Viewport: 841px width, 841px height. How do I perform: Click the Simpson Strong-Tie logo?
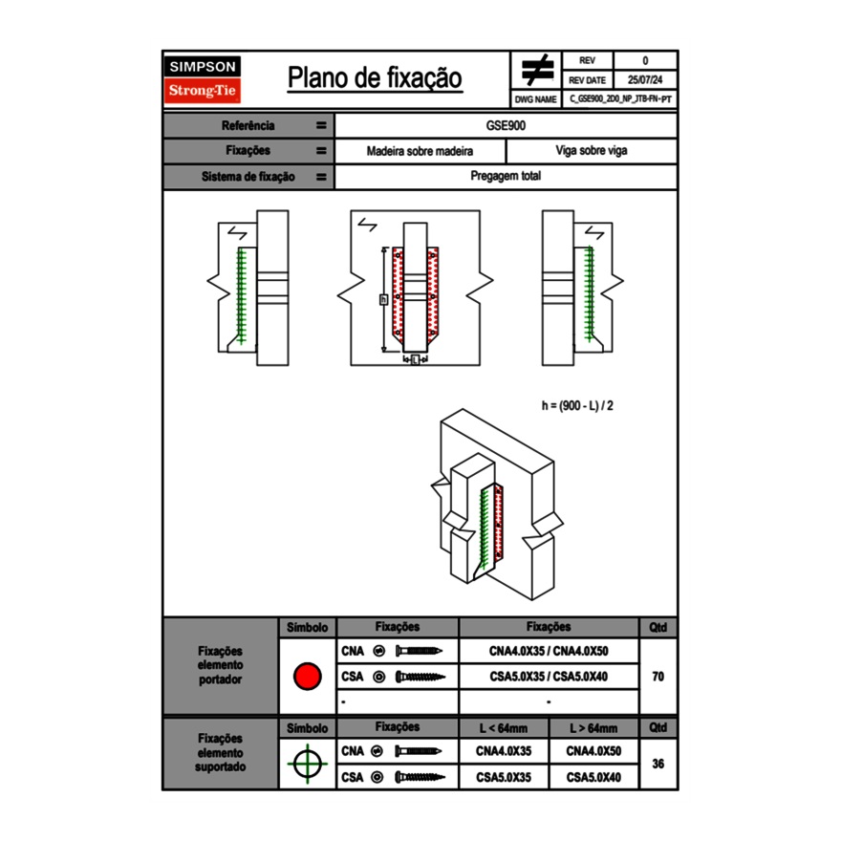[x=203, y=79]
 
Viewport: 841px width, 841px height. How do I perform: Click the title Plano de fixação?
[x=375, y=78]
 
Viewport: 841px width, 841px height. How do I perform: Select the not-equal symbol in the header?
[x=537, y=70]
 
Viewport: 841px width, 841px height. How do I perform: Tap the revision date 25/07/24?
[x=645, y=80]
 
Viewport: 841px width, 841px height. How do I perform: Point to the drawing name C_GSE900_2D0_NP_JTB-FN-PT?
[x=619, y=98]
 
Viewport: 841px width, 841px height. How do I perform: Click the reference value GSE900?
[x=506, y=125]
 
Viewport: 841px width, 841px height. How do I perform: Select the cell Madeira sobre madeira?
[x=420, y=151]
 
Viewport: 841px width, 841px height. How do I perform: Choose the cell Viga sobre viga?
[x=591, y=151]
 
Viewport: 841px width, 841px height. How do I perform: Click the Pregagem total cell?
[x=506, y=177]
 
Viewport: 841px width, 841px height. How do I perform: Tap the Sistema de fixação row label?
[x=248, y=177]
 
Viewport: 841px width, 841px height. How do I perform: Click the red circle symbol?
[x=306, y=677]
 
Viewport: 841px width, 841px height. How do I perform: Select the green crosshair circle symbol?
[x=306, y=764]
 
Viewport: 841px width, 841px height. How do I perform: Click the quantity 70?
[x=658, y=677]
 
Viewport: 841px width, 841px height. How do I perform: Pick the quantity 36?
[x=658, y=764]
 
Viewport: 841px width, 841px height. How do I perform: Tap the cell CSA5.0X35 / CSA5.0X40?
[x=549, y=677]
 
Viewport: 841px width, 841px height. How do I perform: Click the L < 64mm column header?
[x=504, y=728]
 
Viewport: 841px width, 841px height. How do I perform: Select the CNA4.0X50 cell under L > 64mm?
[x=593, y=751]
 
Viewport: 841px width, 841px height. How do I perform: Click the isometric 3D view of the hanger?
[x=492, y=507]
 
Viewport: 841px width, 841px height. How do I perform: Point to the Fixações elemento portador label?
[x=220, y=665]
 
